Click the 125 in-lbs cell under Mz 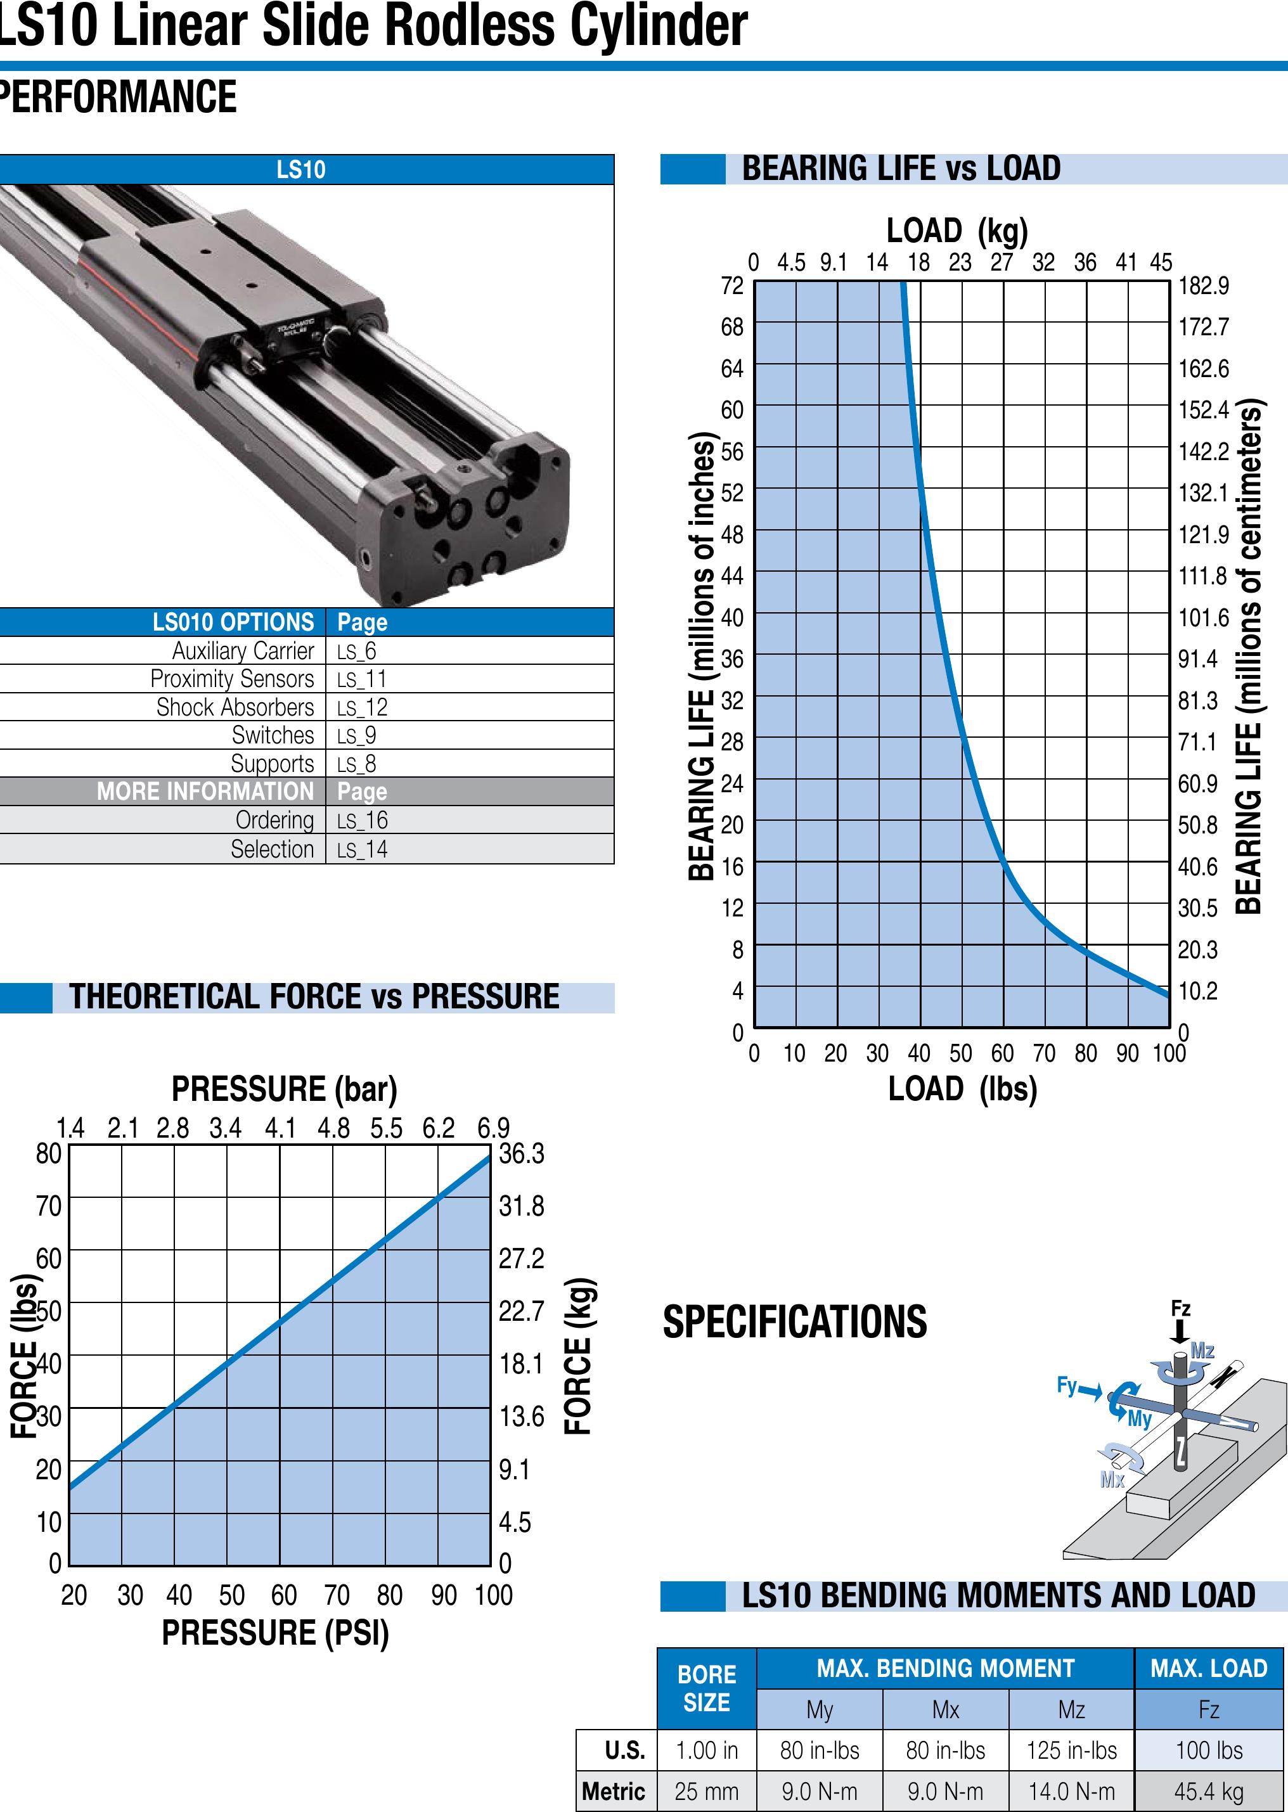[1071, 1750]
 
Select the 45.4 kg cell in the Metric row [1209, 1791]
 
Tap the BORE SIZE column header [707, 1688]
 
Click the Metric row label [613, 1791]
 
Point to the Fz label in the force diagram [1181, 1308]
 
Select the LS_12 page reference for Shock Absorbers [362, 707]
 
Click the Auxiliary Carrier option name [243, 651]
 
